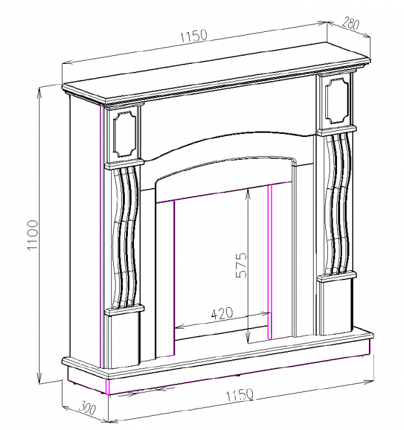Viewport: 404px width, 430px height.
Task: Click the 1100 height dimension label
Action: pos(33,236)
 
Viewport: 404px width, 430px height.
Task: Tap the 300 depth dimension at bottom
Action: pos(89,407)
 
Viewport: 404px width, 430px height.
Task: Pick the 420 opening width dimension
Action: pos(221,313)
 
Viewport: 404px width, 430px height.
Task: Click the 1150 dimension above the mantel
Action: pos(194,36)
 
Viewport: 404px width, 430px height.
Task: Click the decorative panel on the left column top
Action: pos(125,132)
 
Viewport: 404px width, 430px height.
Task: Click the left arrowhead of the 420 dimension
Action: pos(179,326)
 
